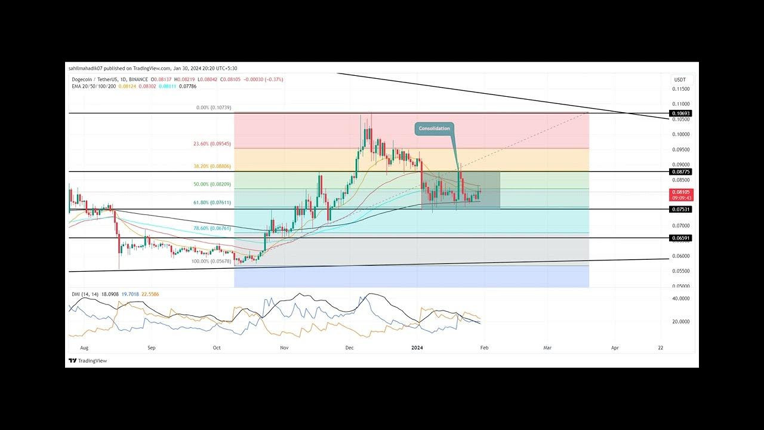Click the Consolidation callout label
(x=434, y=128)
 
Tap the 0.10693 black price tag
(x=680, y=113)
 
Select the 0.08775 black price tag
(x=680, y=172)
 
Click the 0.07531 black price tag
(x=680, y=210)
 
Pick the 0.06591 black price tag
(x=680, y=238)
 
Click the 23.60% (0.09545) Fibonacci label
(x=211, y=144)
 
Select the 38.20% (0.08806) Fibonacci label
(x=211, y=167)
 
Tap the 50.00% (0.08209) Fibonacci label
(x=212, y=185)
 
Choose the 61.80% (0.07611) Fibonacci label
(x=212, y=203)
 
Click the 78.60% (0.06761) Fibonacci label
(x=212, y=228)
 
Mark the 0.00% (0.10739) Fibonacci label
(x=213, y=107)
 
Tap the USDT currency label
(x=680, y=80)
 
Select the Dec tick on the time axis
(x=350, y=347)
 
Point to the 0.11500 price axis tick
(x=681, y=89)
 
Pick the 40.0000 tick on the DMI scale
(x=681, y=299)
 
